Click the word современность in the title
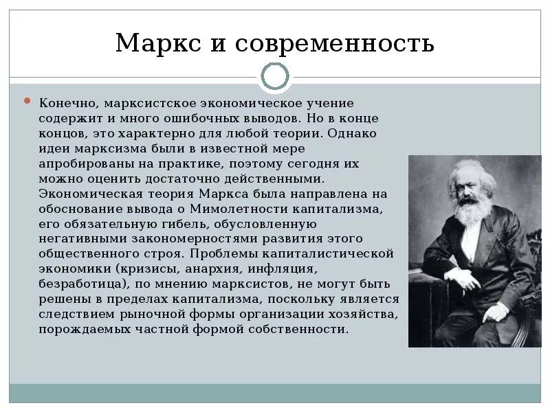point(335,43)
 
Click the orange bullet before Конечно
point(28,101)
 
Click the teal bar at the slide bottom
point(275,393)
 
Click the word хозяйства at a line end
point(368,314)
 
